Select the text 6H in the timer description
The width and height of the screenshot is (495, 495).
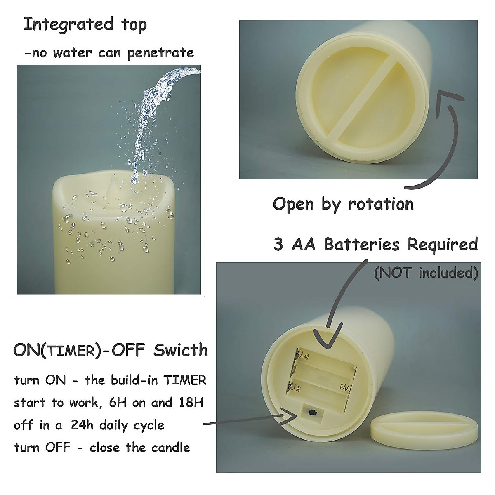[119, 403]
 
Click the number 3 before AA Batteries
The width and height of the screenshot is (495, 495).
[279, 245]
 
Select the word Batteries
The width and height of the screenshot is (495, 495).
[362, 245]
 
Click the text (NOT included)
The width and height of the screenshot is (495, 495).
[426, 273]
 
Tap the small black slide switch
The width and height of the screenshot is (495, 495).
[311, 412]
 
